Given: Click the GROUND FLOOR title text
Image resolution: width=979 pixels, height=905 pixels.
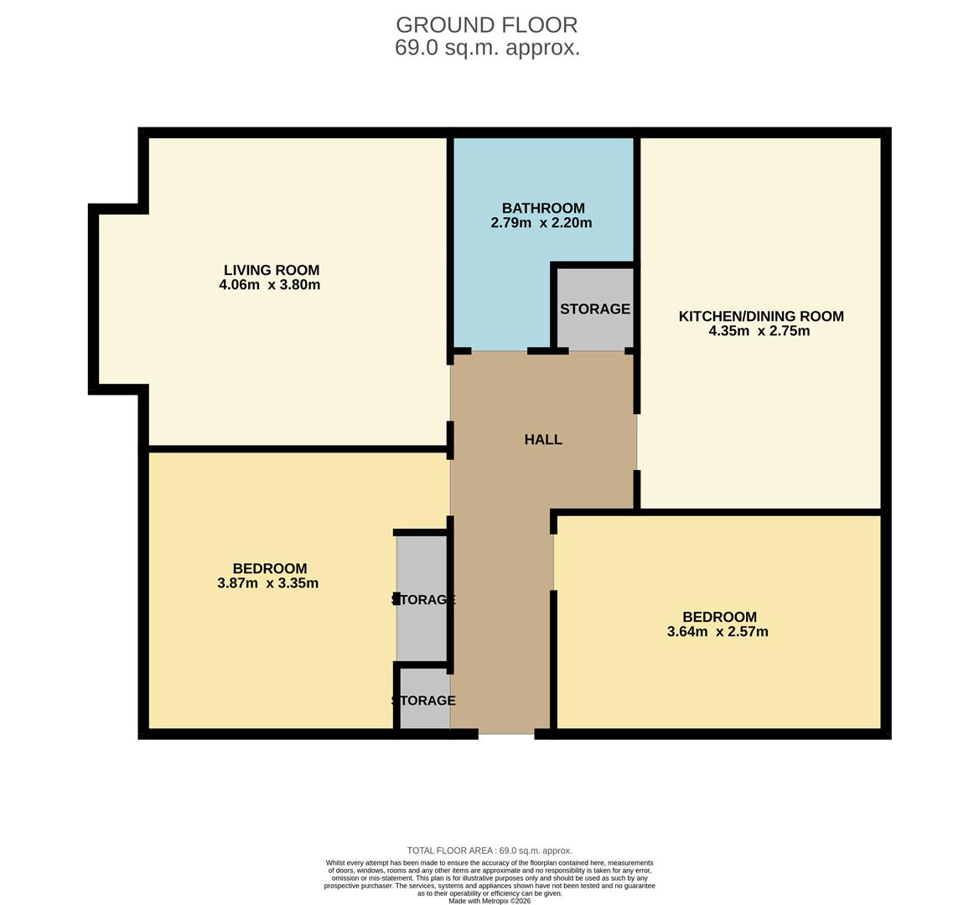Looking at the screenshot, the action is click(x=486, y=25).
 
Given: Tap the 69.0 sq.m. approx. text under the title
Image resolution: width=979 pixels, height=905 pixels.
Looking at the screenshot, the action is click(x=487, y=48).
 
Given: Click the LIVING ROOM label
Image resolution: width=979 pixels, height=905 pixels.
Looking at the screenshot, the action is click(x=271, y=270).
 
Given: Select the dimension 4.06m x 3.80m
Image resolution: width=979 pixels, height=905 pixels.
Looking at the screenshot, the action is click(x=269, y=285).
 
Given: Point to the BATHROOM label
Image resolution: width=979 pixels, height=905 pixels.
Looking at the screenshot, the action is click(x=543, y=208).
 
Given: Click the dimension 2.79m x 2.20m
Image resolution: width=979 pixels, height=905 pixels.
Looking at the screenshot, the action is click(x=541, y=223).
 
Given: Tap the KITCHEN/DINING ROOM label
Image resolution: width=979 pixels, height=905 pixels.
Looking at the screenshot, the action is click(x=760, y=316).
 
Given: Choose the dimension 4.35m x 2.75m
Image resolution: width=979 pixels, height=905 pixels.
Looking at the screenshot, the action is click(x=759, y=331).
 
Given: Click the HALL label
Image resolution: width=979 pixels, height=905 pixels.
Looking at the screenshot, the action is click(x=543, y=439).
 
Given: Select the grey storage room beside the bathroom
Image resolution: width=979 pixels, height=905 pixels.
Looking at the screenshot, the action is click(x=595, y=308).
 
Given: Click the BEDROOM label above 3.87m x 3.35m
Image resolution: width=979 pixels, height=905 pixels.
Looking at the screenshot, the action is click(x=269, y=568).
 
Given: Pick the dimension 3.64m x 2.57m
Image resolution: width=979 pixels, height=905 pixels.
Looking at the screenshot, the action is click(x=717, y=632).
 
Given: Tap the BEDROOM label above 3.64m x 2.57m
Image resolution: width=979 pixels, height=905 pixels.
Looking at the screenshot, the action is click(x=719, y=617).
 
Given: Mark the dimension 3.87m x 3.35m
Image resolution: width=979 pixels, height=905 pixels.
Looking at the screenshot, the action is click(x=267, y=583).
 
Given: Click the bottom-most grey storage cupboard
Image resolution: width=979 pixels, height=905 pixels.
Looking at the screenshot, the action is click(x=424, y=700).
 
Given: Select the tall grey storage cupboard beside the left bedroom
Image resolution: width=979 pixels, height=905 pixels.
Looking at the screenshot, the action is click(x=422, y=599).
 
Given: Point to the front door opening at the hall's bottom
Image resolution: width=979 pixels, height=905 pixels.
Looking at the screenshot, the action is click(x=506, y=734).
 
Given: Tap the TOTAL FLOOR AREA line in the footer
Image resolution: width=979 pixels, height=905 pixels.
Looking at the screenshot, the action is click(x=489, y=851).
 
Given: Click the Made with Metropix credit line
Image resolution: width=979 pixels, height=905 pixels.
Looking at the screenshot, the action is click(x=489, y=901).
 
